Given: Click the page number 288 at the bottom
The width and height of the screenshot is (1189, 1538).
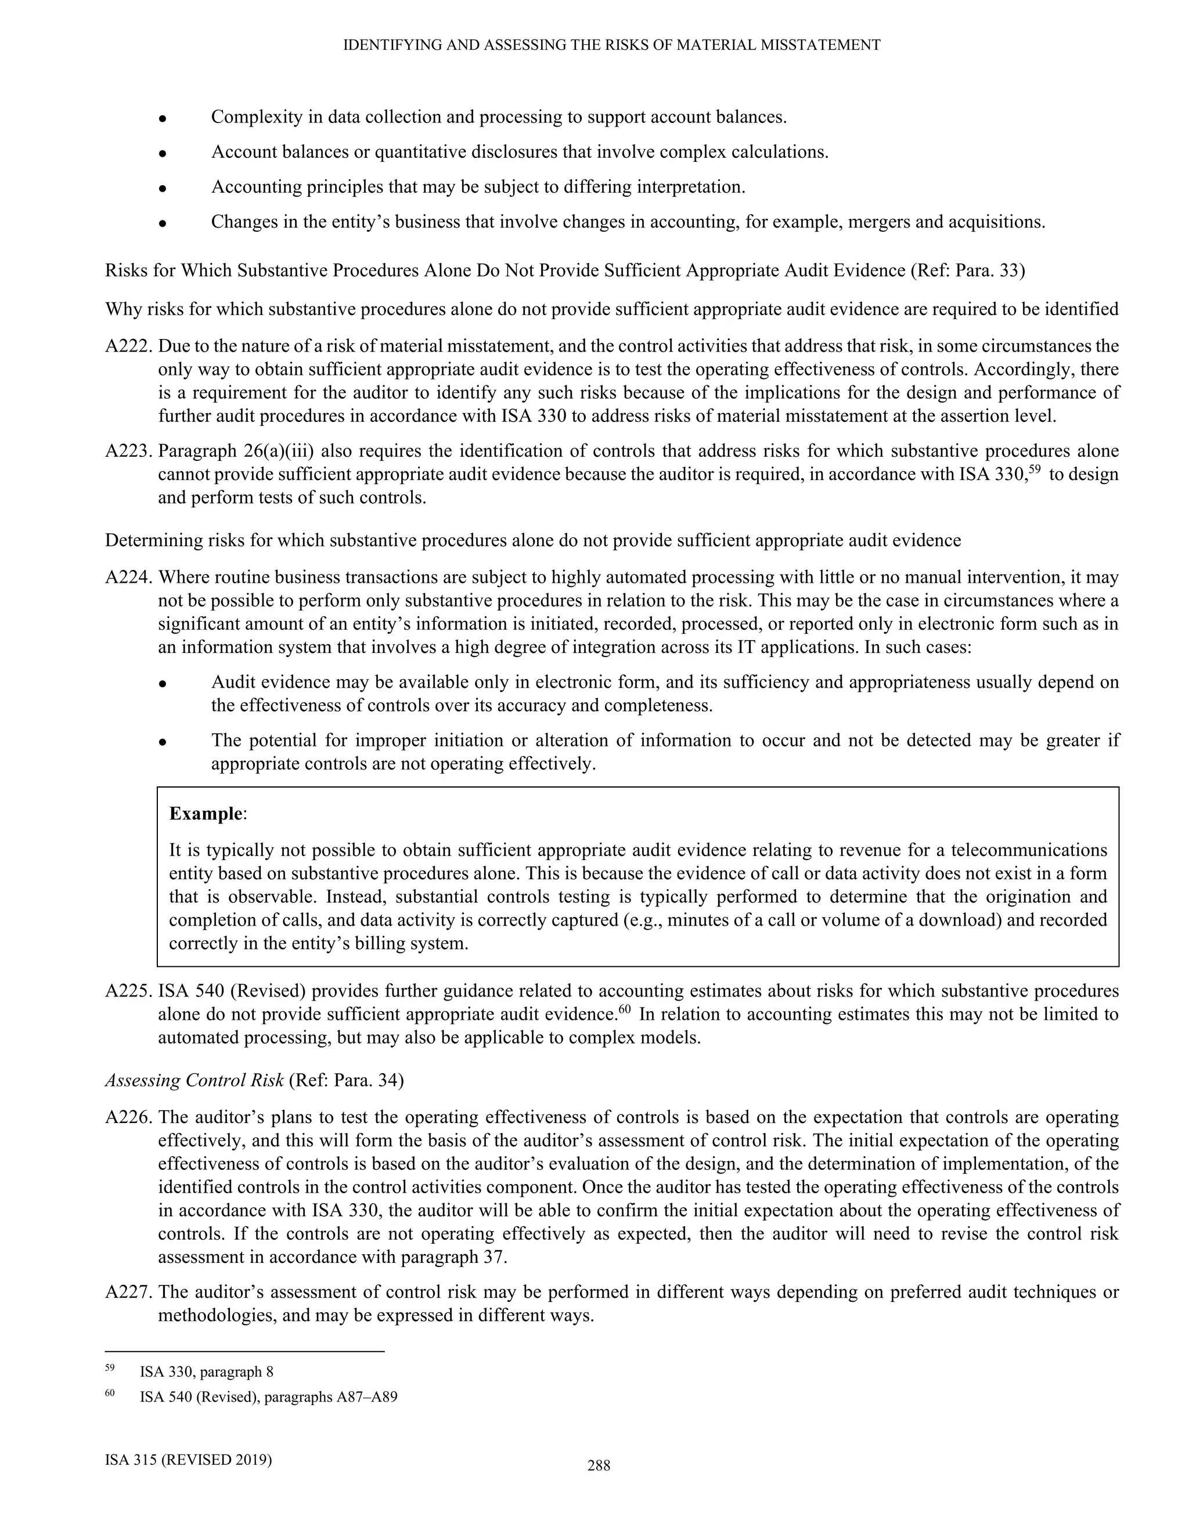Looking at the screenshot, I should pyautogui.click(x=599, y=1466).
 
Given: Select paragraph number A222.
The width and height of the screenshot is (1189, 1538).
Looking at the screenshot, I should pyautogui.click(x=129, y=346).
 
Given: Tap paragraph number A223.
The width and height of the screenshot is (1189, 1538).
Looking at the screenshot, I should pyautogui.click(x=129, y=451).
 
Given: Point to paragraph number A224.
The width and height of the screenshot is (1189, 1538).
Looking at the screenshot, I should pyautogui.click(x=129, y=577).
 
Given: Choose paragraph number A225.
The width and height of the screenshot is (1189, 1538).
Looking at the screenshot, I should pyautogui.click(x=129, y=991).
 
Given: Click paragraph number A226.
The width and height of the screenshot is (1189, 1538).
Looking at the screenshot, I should pyautogui.click(x=129, y=1117).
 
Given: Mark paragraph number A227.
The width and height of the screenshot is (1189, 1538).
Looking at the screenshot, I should pyautogui.click(x=129, y=1293).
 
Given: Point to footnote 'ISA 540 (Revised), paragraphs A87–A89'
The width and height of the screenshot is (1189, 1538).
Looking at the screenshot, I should pyautogui.click(x=268, y=1397).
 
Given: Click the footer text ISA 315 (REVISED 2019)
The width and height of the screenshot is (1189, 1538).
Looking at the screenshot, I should pyautogui.click(x=188, y=1459).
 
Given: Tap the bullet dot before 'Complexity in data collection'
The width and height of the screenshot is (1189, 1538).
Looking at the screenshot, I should pyautogui.click(x=162, y=118).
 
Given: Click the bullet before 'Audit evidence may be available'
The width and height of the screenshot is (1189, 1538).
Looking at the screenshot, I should pyautogui.click(x=162, y=684).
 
